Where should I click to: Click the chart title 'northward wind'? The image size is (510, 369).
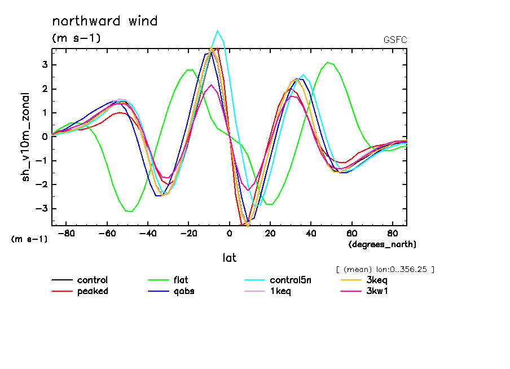coord(104,21)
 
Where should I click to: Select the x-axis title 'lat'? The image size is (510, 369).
coord(229,258)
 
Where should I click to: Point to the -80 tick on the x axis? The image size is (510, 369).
coord(67,234)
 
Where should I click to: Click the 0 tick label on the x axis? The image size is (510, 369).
coord(229,234)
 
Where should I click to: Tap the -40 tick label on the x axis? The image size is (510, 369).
coord(148,234)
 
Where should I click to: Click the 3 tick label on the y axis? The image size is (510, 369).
coord(45,65)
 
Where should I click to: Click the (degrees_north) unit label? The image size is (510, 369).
coord(382,244)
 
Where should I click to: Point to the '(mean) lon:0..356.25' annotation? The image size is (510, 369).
coord(384,269)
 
